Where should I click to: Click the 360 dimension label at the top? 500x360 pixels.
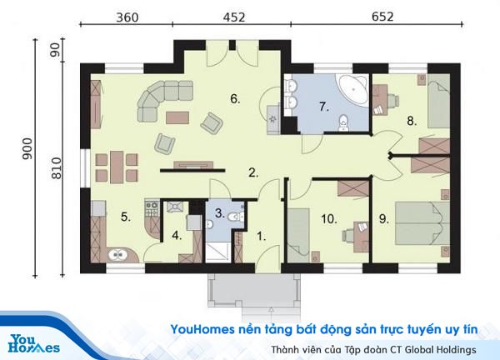point(127,17)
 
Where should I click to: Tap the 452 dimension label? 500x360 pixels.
point(234,17)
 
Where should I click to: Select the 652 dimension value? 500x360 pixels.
point(382,17)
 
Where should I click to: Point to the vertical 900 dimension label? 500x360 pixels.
point(27,149)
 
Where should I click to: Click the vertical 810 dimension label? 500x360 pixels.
point(56,168)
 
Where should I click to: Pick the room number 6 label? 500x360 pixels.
point(235,99)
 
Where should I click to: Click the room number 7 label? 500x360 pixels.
point(324,107)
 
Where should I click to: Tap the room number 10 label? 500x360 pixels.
point(329,219)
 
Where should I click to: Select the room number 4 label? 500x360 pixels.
point(177,236)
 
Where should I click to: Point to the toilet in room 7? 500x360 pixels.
point(343,122)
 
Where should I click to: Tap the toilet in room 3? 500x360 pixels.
point(236,217)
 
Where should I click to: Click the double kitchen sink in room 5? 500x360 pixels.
point(118,255)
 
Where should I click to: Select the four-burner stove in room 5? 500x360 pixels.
point(152,208)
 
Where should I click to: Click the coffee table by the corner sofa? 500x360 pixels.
point(177,117)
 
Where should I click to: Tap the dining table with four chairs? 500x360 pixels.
point(117,167)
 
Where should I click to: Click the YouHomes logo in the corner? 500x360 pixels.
point(34,343)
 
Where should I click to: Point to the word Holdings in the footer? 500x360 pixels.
point(457,350)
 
